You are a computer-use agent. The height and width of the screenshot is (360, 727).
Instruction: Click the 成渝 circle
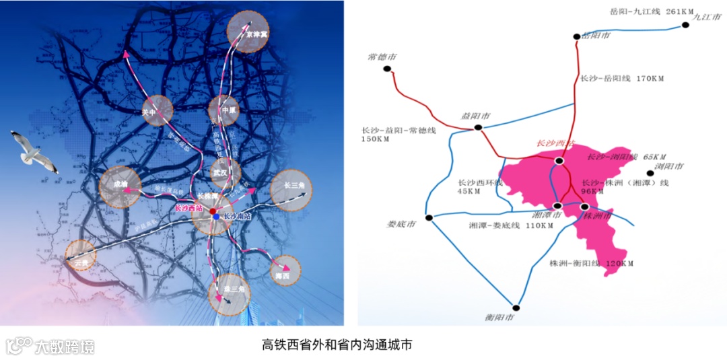(120, 186)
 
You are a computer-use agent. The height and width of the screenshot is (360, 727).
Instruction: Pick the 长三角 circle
(292, 190)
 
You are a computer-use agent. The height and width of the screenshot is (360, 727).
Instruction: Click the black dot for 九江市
(685, 25)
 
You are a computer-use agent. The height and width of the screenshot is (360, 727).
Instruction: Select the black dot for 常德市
(387, 69)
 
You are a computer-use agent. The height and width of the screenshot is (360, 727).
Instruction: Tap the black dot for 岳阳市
(577, 36)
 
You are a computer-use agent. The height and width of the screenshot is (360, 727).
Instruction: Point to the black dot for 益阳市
(477, 127)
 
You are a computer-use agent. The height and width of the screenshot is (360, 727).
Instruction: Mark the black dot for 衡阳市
(516, 306)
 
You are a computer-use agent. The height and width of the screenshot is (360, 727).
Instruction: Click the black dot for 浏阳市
(650, 174)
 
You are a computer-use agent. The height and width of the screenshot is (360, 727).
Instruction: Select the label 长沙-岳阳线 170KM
(622, 79)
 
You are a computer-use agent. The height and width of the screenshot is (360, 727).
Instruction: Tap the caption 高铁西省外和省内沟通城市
(337, 345)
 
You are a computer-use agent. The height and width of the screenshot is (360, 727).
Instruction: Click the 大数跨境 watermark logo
(50, 346)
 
